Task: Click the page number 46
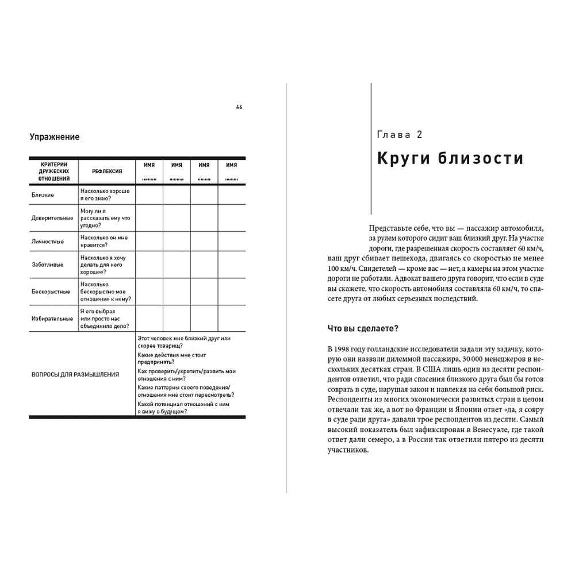(239, 107)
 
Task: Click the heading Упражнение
(55, 137)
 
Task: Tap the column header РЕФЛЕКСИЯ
(106, 171)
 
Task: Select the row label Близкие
(43, 194)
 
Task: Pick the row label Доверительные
(52, 218)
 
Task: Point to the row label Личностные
(47, 241)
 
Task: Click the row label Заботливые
(47, 264)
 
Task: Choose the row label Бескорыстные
(51, 292)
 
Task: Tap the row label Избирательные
(52, 318)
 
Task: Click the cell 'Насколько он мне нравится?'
(104, 241)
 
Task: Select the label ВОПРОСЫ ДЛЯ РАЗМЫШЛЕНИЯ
(75, 374)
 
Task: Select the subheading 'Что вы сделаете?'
(363, 328)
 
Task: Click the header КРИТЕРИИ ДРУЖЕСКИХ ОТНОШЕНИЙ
(54, 171)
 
